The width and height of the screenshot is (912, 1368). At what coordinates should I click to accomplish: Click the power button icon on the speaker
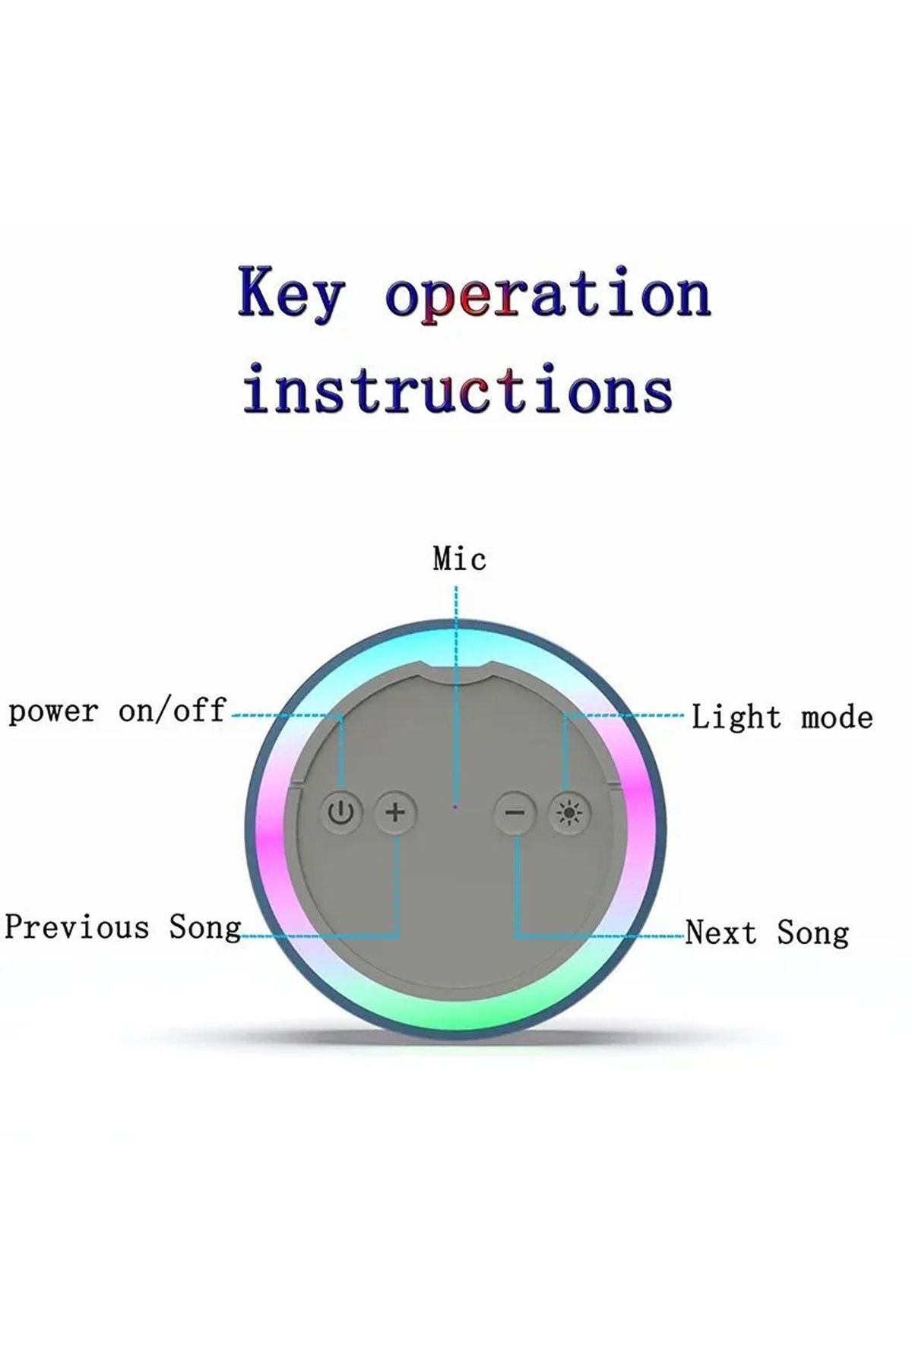click(x=341, y=812)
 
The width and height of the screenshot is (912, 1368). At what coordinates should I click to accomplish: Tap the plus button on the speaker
click(x=395, y=812)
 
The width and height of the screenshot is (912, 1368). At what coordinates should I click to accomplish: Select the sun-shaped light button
click(x=569, y=814)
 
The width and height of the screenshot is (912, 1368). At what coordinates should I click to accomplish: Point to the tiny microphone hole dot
click(x=455, y=805)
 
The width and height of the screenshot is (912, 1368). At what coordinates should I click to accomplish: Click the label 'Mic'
click(x=459, y=559)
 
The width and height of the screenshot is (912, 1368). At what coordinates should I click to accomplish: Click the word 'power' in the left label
click(x=53, y=712)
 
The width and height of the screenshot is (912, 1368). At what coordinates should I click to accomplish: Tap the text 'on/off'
click(x=173, y=711)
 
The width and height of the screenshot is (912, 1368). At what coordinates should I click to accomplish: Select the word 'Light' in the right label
click(x=736, y=717)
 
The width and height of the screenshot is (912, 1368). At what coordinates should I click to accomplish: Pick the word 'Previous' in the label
click(x=77, y=927)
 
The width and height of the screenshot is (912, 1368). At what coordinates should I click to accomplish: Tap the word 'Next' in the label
click(x=720, y=933)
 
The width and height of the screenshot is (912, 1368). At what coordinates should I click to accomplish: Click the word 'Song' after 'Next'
click(x=812, y=933)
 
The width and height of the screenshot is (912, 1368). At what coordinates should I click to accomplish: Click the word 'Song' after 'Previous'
click(x=204, y=928)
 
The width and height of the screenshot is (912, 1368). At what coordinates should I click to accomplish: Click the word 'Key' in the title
click(x=291, y=293)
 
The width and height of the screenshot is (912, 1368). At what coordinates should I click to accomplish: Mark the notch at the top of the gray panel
click(x=456, y=667)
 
